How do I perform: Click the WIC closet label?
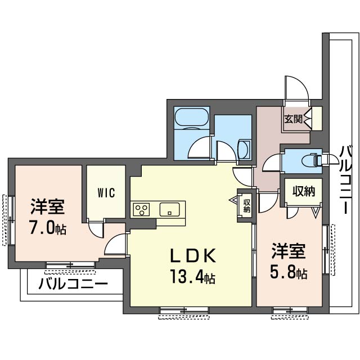[x=106, y=192]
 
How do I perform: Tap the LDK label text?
[x=192, y=255]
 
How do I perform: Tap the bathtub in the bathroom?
[x=192, y=117]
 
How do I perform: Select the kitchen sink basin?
[x=169, y=209]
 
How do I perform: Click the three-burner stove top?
[x=141, y=209]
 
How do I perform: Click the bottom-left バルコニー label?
[x=73, y=284]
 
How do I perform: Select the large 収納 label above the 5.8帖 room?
[x=304, y=191]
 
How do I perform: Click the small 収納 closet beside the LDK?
[x=246, y=206]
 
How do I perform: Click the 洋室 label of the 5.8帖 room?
[x=289, y=251]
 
